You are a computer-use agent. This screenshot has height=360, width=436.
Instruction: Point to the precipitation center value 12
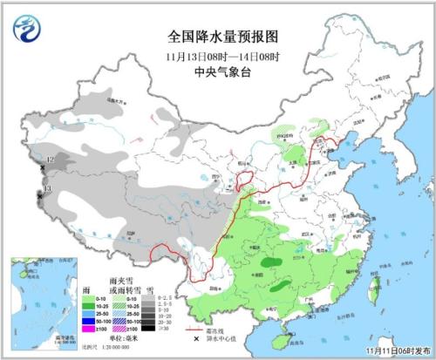click(50, 160)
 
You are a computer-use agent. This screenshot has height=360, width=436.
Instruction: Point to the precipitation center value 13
click(47, 188)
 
